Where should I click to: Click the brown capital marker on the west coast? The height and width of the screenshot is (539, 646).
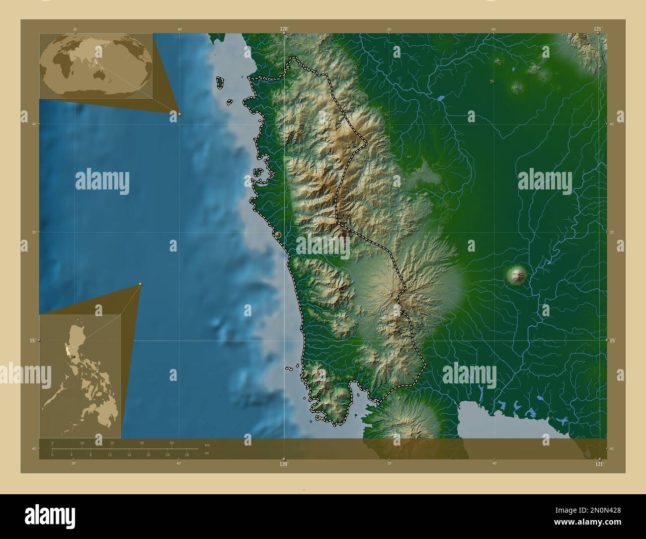point(278,235)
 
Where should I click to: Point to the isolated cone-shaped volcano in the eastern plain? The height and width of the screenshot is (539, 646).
point(517,274)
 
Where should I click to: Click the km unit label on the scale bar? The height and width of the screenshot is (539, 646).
point(207,445)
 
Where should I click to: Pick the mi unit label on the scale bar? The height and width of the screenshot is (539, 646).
point(207,453)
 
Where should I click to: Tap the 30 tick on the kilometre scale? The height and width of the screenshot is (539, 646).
point(142,443)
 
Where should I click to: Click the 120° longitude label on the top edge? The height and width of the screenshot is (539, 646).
point(284,29)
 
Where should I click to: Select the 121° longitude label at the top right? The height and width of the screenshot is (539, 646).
point(598,29)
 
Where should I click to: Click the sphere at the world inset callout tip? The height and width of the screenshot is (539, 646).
point(179,114)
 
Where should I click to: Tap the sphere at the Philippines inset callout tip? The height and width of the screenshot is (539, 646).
point(141,284)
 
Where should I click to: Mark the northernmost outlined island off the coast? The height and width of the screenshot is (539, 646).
point(219,83)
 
